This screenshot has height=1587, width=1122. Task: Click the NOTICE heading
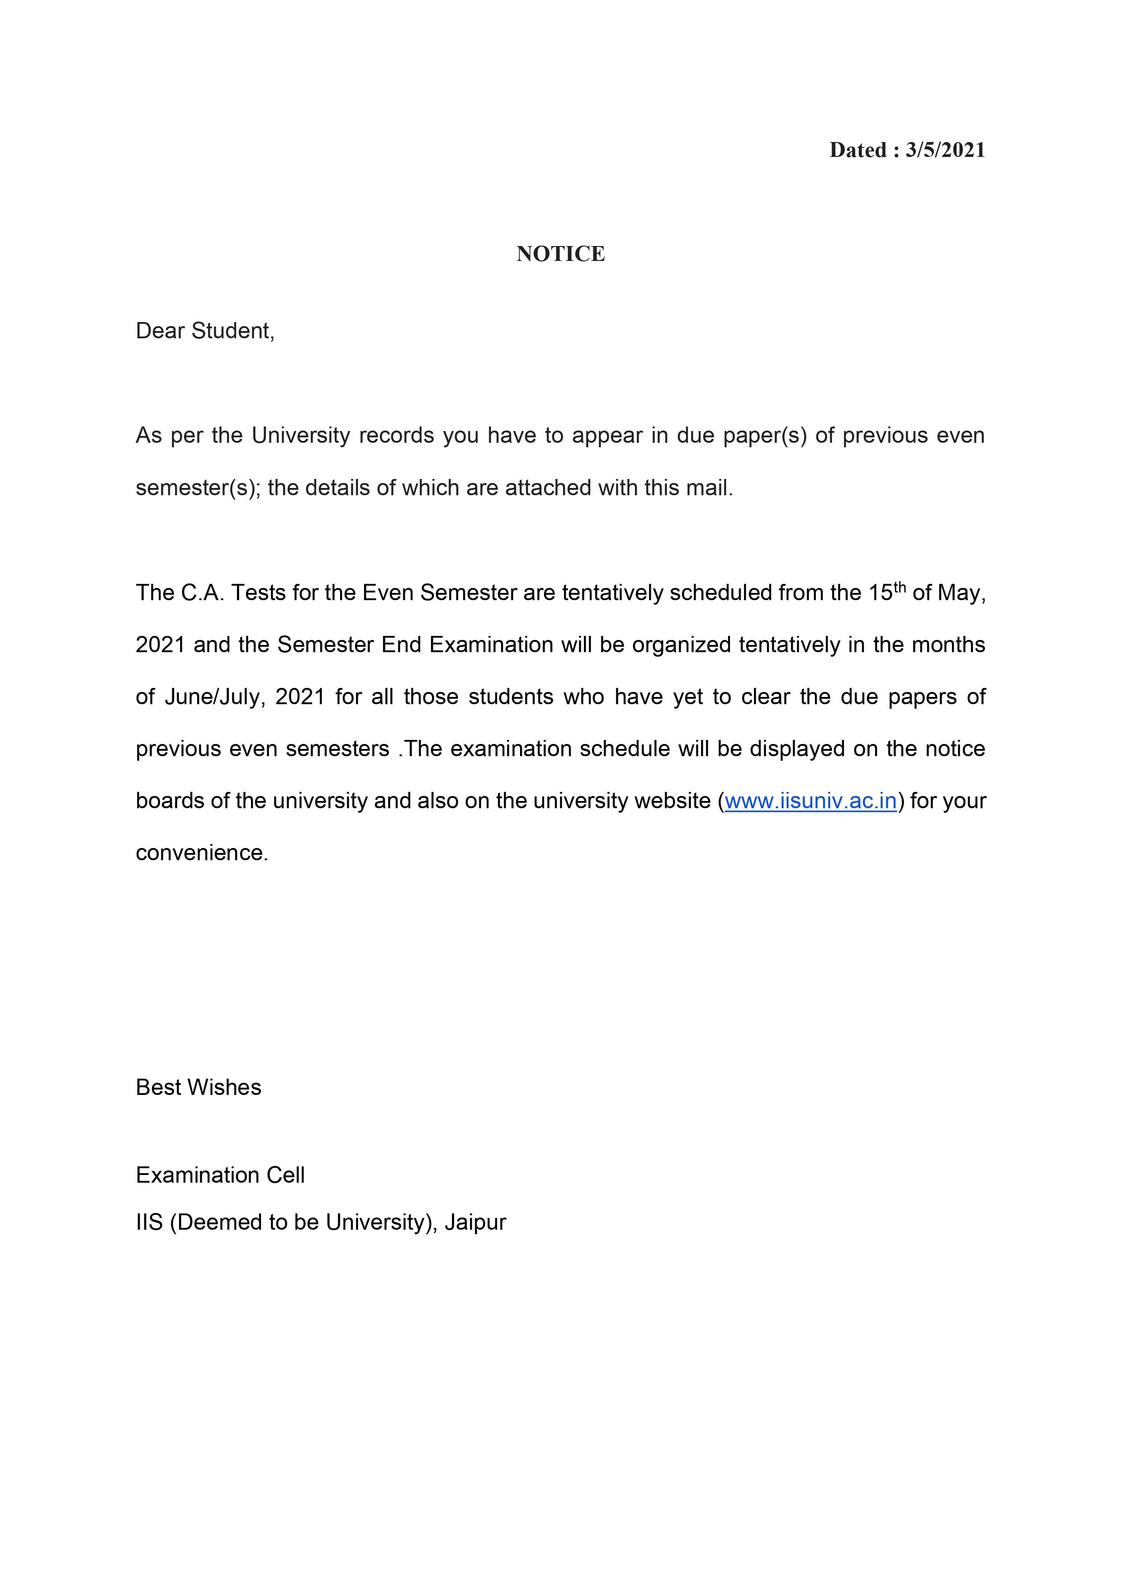tap(561, 254)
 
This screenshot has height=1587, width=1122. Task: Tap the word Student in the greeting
tap(232, 331)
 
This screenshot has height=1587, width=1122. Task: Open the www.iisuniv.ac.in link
tap(810, 801)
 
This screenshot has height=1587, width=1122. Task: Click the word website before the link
tap(672, 801)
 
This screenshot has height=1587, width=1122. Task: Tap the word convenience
tap(201, 853)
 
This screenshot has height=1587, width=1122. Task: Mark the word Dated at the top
tap(858, 150)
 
